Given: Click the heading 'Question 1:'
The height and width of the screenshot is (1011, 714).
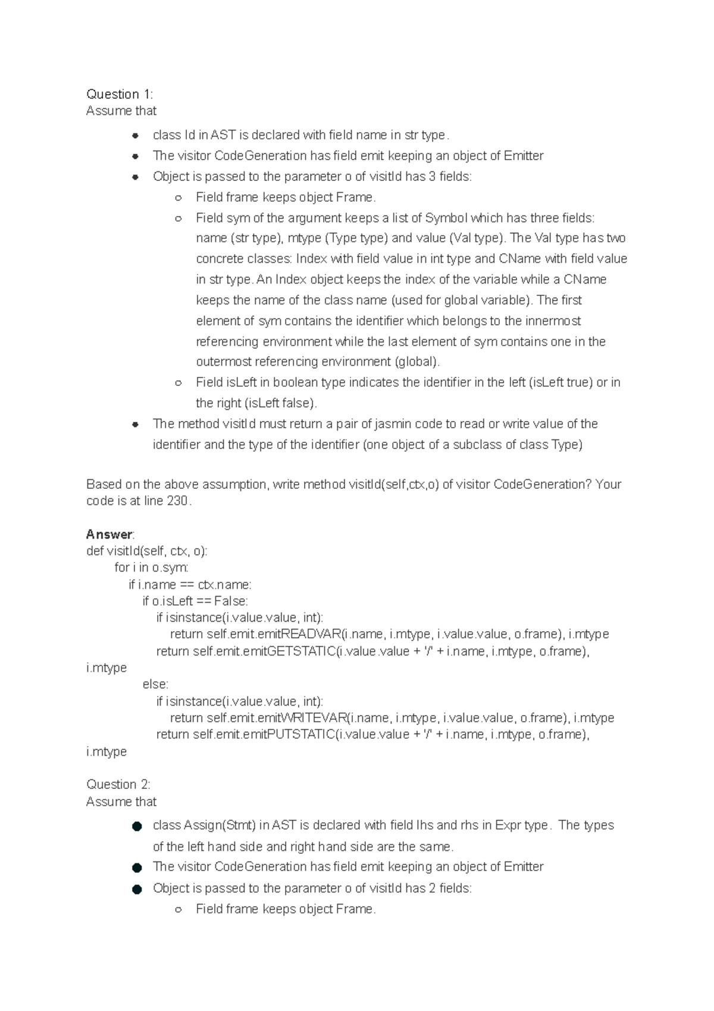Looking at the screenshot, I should (x=119, y=94).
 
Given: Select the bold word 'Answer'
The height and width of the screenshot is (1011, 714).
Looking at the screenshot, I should (x=109, y=534).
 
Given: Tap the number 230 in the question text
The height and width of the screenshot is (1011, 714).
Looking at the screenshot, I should (x=177, y=501).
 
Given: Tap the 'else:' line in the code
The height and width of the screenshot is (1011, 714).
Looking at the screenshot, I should (x=155, y=685).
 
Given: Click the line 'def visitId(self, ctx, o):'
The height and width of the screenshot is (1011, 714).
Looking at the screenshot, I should (x=146, y=551).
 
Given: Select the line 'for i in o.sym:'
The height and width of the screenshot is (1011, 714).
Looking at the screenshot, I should (x=151, y=567).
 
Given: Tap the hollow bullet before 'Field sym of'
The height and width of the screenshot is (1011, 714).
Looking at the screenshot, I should (x=178, y=218).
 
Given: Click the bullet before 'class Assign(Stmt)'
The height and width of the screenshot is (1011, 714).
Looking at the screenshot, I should (x=137, y=826).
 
